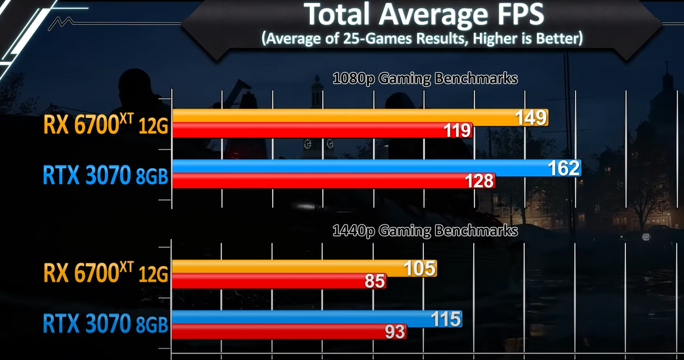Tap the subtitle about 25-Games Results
[x=421, y=39]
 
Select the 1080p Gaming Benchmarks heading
[x=424, y=78]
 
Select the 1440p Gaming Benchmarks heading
[x=424, y=230]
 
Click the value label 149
[x=531, y=118]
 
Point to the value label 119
[x=457, y=130]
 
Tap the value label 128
[x=479, y=181]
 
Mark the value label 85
[x=375, y=281]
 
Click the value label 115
[x=446, y=319]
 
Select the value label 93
[x=395, y=332]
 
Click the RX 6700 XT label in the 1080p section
[x=105, y=125]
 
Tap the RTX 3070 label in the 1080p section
[x=105, y=175]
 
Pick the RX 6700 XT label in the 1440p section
[x=105, y=274]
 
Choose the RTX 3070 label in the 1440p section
[x=105, y=325]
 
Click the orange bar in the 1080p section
[x=340, y=117]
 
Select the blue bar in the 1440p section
[x=298, y=319]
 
